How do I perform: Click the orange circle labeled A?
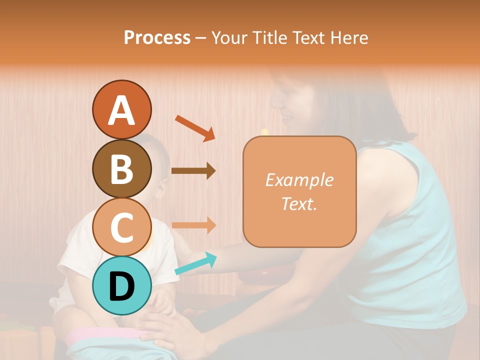[121, 109]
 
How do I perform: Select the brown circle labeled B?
[121, 168]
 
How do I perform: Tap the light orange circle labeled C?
[121, 227]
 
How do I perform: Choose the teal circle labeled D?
[121, 285]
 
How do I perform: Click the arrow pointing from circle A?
[194, 128]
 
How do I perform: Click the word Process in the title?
[157, 37]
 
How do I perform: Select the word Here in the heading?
[349, 37]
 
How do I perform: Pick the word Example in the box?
[299, 180]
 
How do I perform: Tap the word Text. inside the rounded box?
[299, 203]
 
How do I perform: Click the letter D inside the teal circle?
[121, 286]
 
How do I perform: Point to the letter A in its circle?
[121, 110]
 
